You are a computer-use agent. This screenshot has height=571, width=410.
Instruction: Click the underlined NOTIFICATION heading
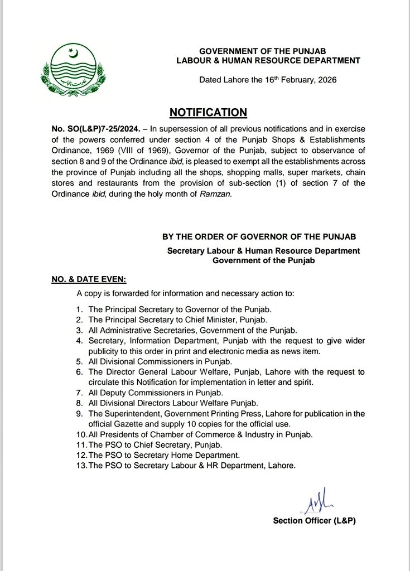click(x=208, y=113)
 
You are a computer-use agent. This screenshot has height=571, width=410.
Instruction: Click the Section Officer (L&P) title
click(x=313, y=521)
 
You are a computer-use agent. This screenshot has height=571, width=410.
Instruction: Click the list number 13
click(x=80, y=464)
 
